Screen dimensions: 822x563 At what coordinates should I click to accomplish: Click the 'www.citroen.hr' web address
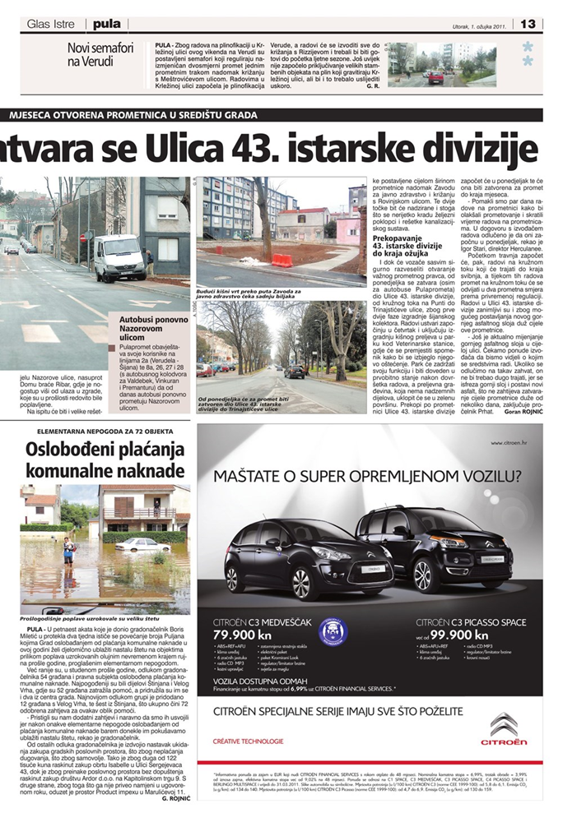519,442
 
